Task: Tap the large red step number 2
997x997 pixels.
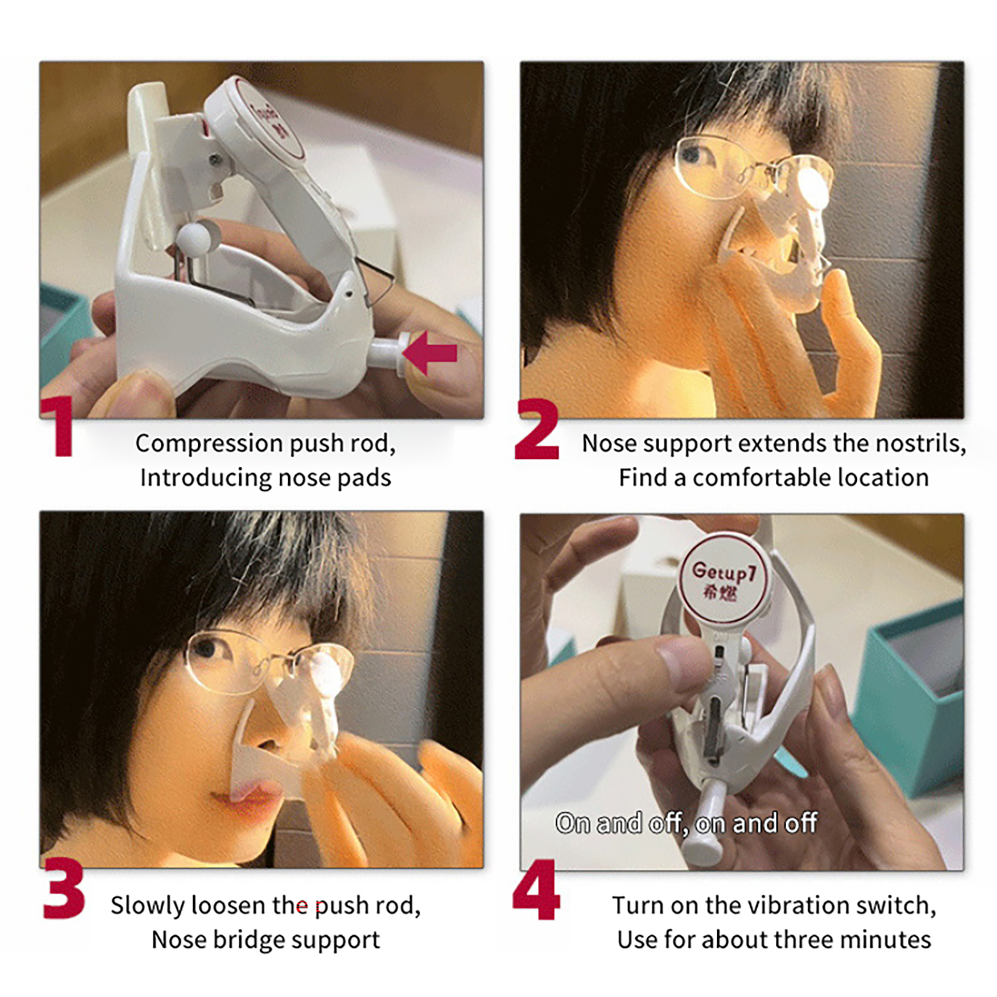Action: click(x=537, y=429)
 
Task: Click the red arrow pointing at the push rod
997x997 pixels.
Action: click(x=431, y=353)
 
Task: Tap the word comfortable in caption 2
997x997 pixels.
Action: click(x=760, y=478)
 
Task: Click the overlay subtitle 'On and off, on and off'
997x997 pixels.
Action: click(x=686, y=823)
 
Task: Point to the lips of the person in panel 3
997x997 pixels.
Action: click(x=246, y=798)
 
